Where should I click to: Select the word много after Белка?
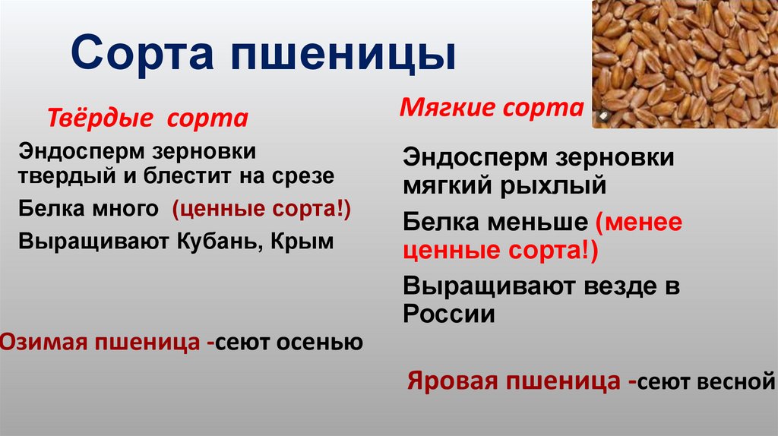coord(127,208)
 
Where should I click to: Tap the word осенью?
coord(323,343)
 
